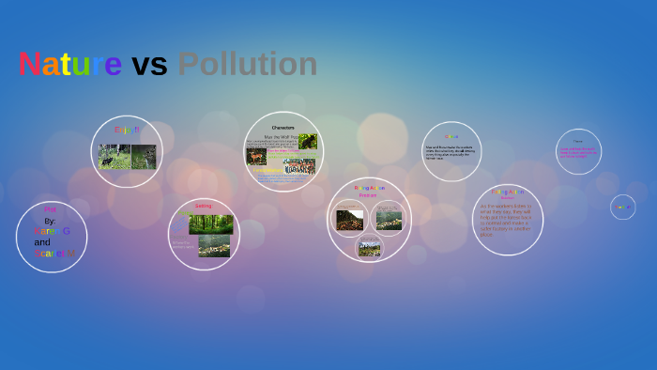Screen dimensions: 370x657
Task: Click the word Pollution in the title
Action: click(248, 64)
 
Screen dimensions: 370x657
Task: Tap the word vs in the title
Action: click(149, 65)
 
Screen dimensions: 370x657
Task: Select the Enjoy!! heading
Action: click(127, 130)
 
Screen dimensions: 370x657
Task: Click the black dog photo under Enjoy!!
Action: click(114, 157)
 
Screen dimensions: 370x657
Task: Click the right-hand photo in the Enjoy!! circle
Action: click(144, 156)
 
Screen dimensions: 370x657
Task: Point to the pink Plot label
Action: click(51, 209)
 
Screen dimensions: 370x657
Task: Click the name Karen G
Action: click(53, 231)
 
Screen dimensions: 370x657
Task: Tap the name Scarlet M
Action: click(54, 254)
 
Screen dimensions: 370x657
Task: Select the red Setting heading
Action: click(204, 206)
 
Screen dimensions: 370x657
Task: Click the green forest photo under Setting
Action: click(210, 224)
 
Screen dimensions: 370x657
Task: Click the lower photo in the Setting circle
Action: click(214, 246)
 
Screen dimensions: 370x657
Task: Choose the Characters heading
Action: click(283, 127)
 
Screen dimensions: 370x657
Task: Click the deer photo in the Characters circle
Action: click(256, 156)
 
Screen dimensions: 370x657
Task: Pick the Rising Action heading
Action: click(370, 188)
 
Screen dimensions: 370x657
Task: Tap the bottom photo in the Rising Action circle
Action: click(370, 248)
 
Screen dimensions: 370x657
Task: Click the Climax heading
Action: click(451, 136)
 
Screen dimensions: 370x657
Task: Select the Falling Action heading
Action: click(507, 192)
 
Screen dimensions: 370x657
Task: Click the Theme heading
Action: click(578, 141)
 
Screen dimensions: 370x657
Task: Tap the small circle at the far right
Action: click(622, 207)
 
